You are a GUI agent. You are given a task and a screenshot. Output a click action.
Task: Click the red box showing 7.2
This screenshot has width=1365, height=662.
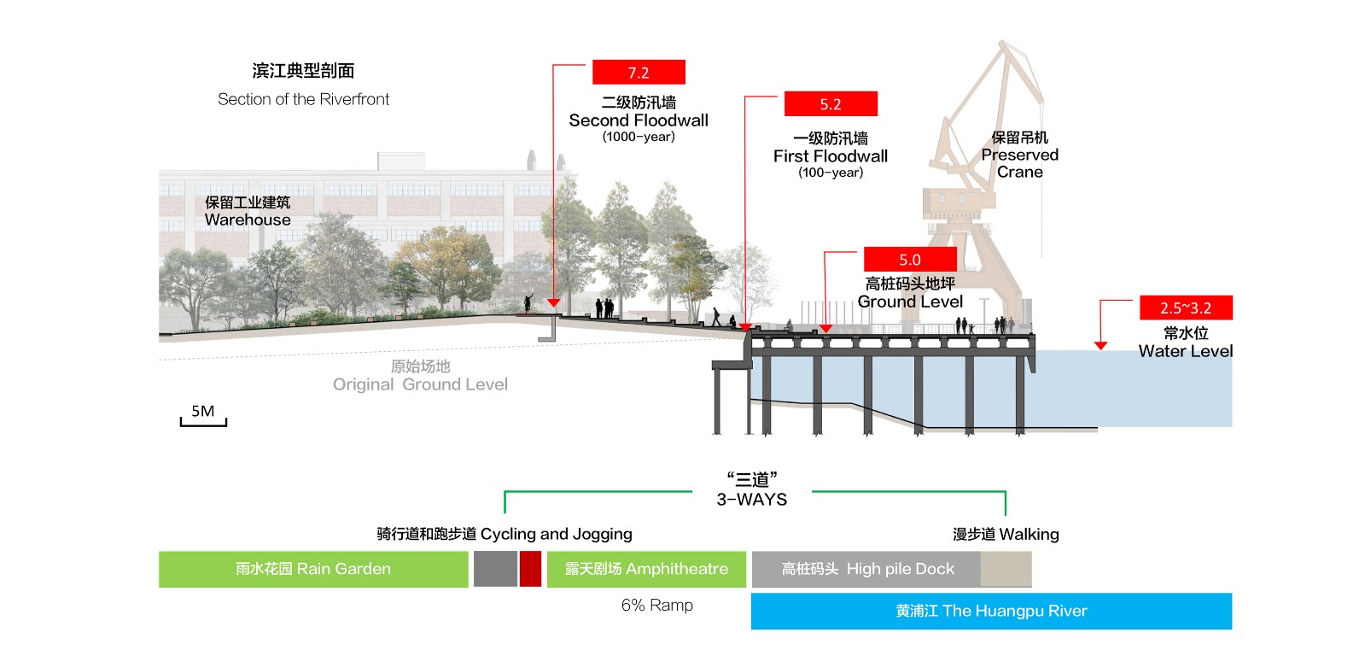(639, 73)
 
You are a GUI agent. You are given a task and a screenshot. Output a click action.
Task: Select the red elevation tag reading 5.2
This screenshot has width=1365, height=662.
(831, 104)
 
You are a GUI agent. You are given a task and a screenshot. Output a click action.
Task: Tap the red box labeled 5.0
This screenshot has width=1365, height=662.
(909, 260)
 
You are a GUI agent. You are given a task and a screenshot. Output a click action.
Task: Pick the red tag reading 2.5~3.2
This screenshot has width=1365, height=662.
(1186, 308)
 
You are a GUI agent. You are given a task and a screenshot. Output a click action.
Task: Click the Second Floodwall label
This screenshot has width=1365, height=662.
(639, 120)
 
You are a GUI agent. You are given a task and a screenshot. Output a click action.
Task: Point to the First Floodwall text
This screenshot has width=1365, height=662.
(831, 156)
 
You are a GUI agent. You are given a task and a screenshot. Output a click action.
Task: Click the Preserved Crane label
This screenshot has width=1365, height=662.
(1019, 155)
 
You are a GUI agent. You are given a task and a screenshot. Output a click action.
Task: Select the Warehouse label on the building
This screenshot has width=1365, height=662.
(248, 220)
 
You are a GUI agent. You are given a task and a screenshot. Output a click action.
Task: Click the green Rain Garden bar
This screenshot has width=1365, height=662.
(313, 569)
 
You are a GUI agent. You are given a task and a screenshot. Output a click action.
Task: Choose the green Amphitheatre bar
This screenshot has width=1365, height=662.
(646, 569)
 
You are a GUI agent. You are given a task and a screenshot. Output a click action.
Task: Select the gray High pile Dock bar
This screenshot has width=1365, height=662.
(867, 569)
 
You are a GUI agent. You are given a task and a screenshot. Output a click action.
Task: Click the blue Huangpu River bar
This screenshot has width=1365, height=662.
(991, 611)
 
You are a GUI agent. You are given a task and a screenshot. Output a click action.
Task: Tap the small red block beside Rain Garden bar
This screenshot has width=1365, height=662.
(530, 569)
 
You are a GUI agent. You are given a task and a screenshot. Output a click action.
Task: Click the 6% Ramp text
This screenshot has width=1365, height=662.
(657, 606)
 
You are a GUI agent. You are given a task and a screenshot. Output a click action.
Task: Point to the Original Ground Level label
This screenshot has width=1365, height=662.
(420, 384)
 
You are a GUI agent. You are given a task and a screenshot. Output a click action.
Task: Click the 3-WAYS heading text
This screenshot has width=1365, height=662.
(751, 500)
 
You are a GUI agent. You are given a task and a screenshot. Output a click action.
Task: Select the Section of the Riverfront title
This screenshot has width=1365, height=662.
(303, 99)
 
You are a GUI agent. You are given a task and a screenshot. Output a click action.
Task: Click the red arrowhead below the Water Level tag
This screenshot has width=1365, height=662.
(1100, 346)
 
